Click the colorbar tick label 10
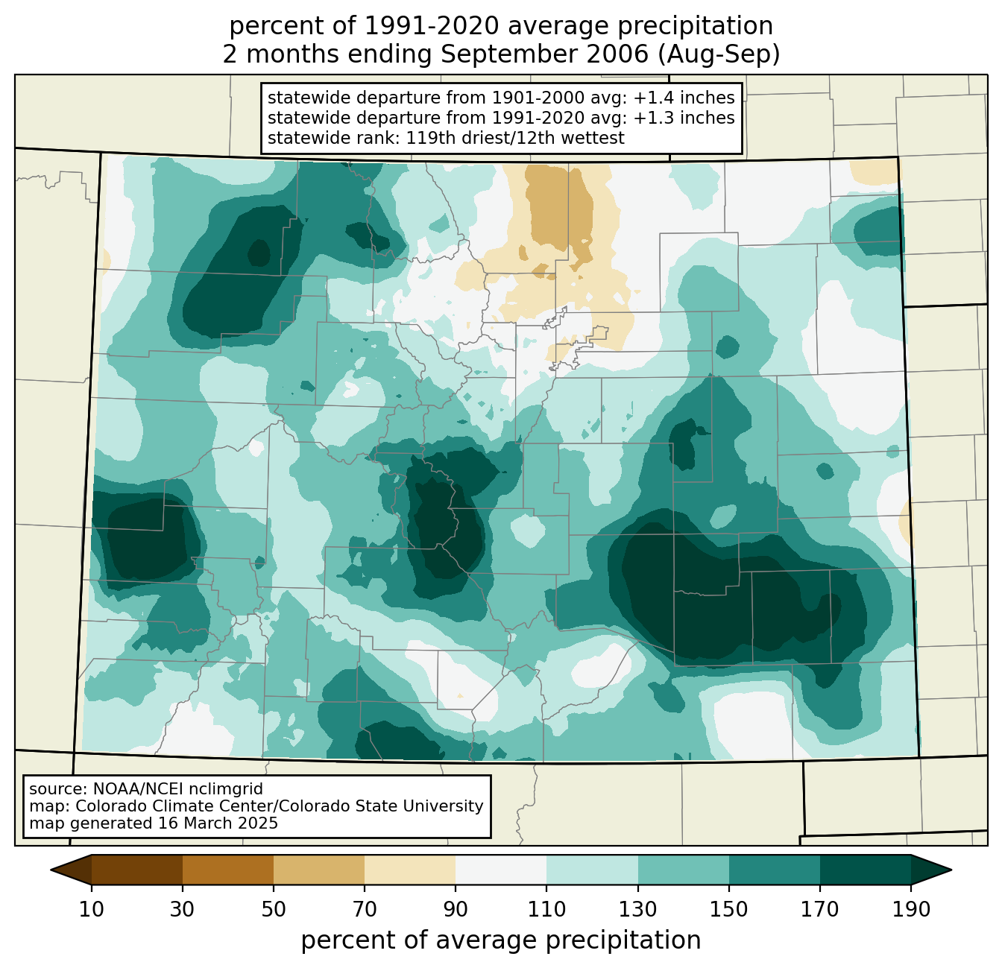click(91, 909)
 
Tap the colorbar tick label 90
click(456, 909)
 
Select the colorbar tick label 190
click(911, 909)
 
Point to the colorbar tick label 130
click(637, 909)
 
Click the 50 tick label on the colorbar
click(274, 909)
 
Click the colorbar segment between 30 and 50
click(227, 870)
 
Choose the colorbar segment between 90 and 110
click(501, 870)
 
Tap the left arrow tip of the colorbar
click(51, 870)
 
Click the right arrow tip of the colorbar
click(951, 870)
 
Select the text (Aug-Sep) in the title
click(719, 54)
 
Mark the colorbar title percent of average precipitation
click(500, 940)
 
